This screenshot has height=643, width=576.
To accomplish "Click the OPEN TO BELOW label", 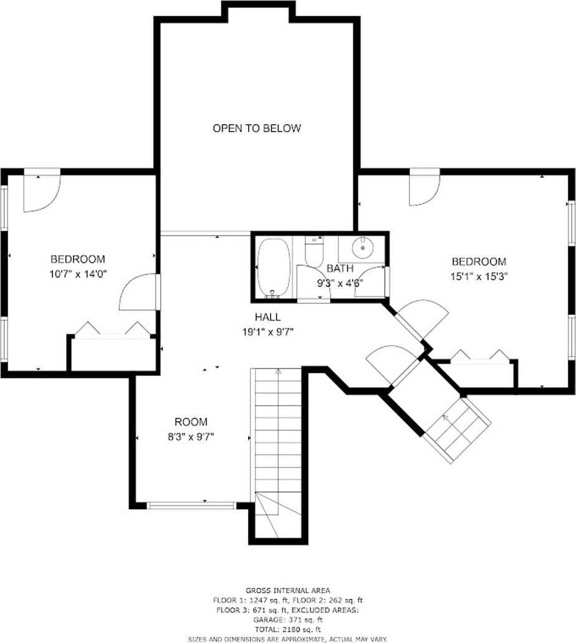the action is click(x=257, y=128).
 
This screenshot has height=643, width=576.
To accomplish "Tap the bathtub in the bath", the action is click(x=274, y=268).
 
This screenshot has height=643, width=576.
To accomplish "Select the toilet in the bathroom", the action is click(x=314, y=251).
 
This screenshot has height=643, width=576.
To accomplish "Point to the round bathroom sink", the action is click(x=362, y=248).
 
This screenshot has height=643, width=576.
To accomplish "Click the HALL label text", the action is click(x=267, y=317).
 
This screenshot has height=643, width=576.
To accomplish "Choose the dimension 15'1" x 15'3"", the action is click(x=479, y=276).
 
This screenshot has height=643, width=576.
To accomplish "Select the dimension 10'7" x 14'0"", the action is click(x=78, y=274).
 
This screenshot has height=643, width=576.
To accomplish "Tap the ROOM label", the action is click(x=191, y=422).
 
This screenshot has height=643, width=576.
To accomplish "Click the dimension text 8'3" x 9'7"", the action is click(x=191, y=437).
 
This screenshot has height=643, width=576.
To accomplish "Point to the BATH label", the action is click(x=340, y=269).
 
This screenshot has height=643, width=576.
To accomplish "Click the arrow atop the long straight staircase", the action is click(x=279, y=372).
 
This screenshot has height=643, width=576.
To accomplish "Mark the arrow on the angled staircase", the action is click(x=445, y=418).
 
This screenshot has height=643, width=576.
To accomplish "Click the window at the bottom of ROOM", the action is click(x=191, y=505).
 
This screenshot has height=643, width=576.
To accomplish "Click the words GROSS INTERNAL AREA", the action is click(x=288, y=591).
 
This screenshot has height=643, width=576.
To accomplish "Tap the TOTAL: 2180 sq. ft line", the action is click(x=288, y=629).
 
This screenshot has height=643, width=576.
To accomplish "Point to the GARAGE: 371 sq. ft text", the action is click(x=288, y=620).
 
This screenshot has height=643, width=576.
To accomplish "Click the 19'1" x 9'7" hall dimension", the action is click(x=267, y=332).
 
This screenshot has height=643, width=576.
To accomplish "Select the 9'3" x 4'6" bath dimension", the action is click(x=340, y=283).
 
